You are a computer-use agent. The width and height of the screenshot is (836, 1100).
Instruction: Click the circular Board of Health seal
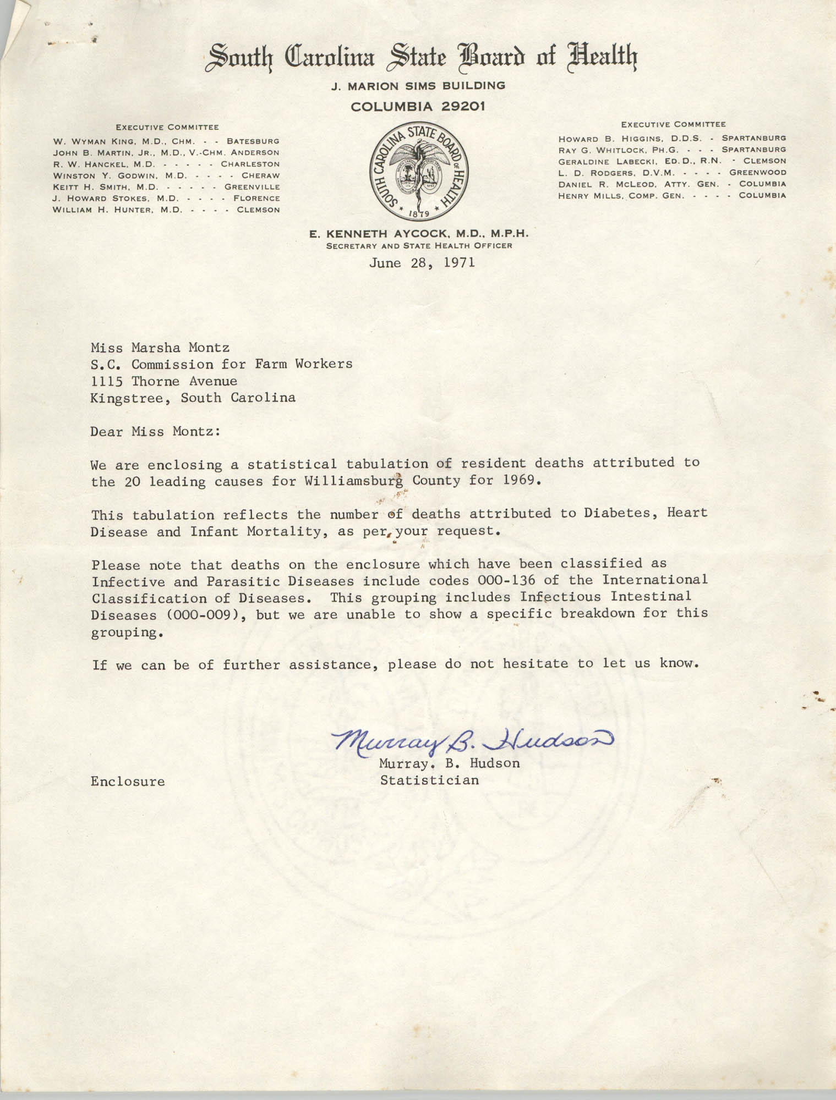tap(418, 172)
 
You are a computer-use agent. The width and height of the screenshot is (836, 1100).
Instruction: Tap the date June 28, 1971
tap(422, 263)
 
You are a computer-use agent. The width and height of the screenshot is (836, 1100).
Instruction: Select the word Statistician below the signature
tap(429, 780)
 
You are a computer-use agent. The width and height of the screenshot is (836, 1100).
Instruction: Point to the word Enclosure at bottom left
tap(128, 782)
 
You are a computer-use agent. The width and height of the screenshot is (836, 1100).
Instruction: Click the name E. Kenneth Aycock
tap(380, 234)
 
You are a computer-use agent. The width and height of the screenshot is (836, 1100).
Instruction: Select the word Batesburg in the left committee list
tap(253, 141)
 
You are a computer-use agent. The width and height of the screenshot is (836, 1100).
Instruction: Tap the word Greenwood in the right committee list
tap(759, 173)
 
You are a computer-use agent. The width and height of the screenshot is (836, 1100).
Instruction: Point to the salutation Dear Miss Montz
tap(156, 431)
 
